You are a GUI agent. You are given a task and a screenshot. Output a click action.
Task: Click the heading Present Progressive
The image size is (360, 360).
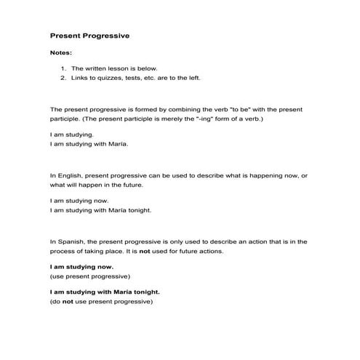pyautogui.click(x=89, y=35)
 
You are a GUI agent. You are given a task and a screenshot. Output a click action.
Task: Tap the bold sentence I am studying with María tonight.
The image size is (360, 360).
pyautogui.click(x=105, y=292)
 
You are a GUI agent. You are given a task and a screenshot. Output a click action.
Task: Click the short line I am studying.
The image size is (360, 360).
pyautogui.click(x=71, y=135)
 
